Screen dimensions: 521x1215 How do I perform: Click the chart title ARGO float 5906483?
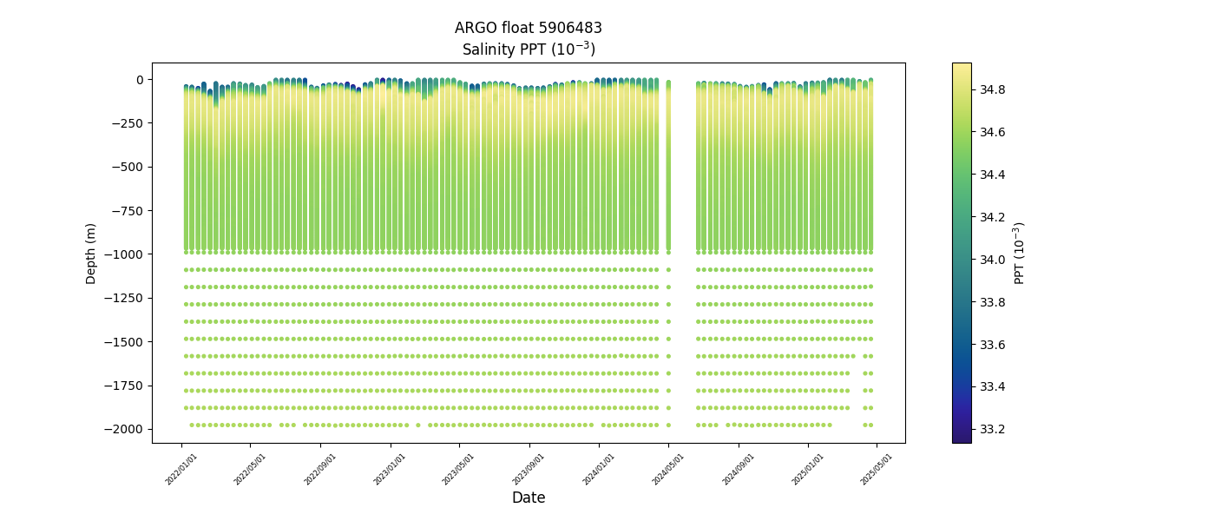point(528,28)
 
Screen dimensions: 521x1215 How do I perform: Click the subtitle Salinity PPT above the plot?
point(528,49)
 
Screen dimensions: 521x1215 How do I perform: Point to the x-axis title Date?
point(528,498)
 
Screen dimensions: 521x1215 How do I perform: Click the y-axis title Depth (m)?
point(91,253)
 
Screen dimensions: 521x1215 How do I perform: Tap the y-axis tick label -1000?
point(125,254)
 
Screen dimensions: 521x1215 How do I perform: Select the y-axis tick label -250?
point(128,123)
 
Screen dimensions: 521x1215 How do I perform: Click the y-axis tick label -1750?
point(125,386)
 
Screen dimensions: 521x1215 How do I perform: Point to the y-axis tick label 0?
point(139,80)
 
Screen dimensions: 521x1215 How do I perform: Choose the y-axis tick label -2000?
point(125,429)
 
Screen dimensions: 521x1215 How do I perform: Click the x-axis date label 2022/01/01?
point(181,469)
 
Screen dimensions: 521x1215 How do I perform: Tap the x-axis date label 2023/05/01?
point(459,469)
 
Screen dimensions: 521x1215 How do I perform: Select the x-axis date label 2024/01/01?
point(599,469)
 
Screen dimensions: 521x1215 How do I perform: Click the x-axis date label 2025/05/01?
point(877,469)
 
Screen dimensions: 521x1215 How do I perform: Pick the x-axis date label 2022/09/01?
point(321,469)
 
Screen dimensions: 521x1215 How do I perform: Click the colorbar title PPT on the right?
point(1020,253)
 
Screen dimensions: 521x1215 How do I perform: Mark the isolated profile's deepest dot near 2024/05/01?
point(668,425)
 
